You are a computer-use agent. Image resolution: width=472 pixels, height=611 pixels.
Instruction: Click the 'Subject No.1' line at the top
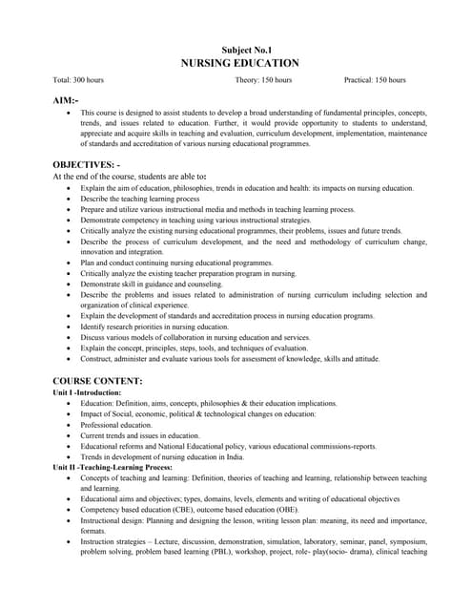click(x=246, y=48)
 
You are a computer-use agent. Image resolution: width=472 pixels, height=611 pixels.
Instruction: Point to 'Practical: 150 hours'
click(x=379, y=81)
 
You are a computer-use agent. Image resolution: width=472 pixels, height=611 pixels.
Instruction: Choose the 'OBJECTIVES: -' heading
click(x=86, y=164)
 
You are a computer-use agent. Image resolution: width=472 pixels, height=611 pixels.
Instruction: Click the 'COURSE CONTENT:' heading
click(x=97, y=381)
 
